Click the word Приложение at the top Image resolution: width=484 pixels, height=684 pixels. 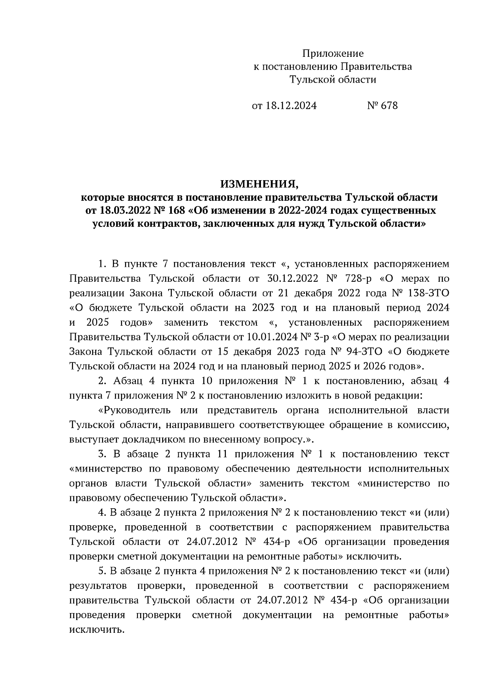[x=333, y=53]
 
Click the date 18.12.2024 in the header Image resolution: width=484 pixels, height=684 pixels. [x=291, y=106]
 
